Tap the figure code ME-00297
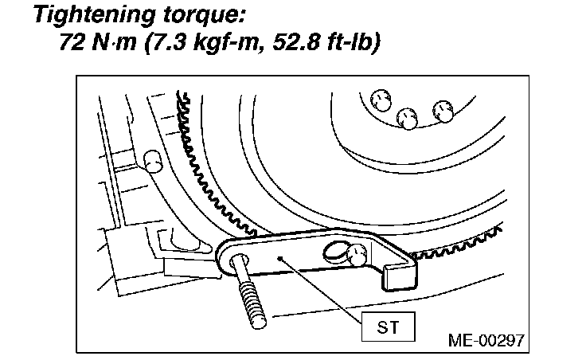click(486, 340)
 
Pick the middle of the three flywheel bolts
click(408, 119)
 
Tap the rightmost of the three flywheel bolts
click(442, 110)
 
